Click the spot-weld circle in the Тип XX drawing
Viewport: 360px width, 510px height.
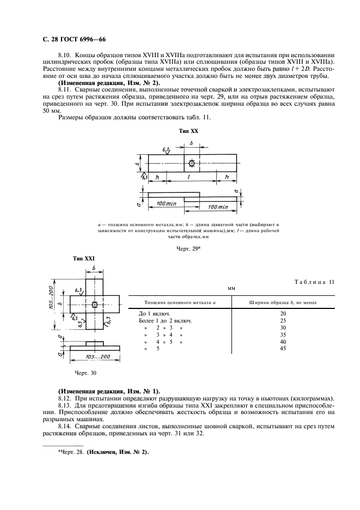[191, 163]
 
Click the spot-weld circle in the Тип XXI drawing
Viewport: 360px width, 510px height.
[95, 305]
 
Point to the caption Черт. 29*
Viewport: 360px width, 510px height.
[188, 248]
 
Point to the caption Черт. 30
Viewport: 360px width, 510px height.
[84, 373]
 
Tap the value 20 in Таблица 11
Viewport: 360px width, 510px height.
[283, 313]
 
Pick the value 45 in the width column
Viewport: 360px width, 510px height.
[283, 349]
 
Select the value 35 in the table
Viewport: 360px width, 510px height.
[283, 335]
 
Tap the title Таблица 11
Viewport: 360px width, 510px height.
[314, 281]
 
